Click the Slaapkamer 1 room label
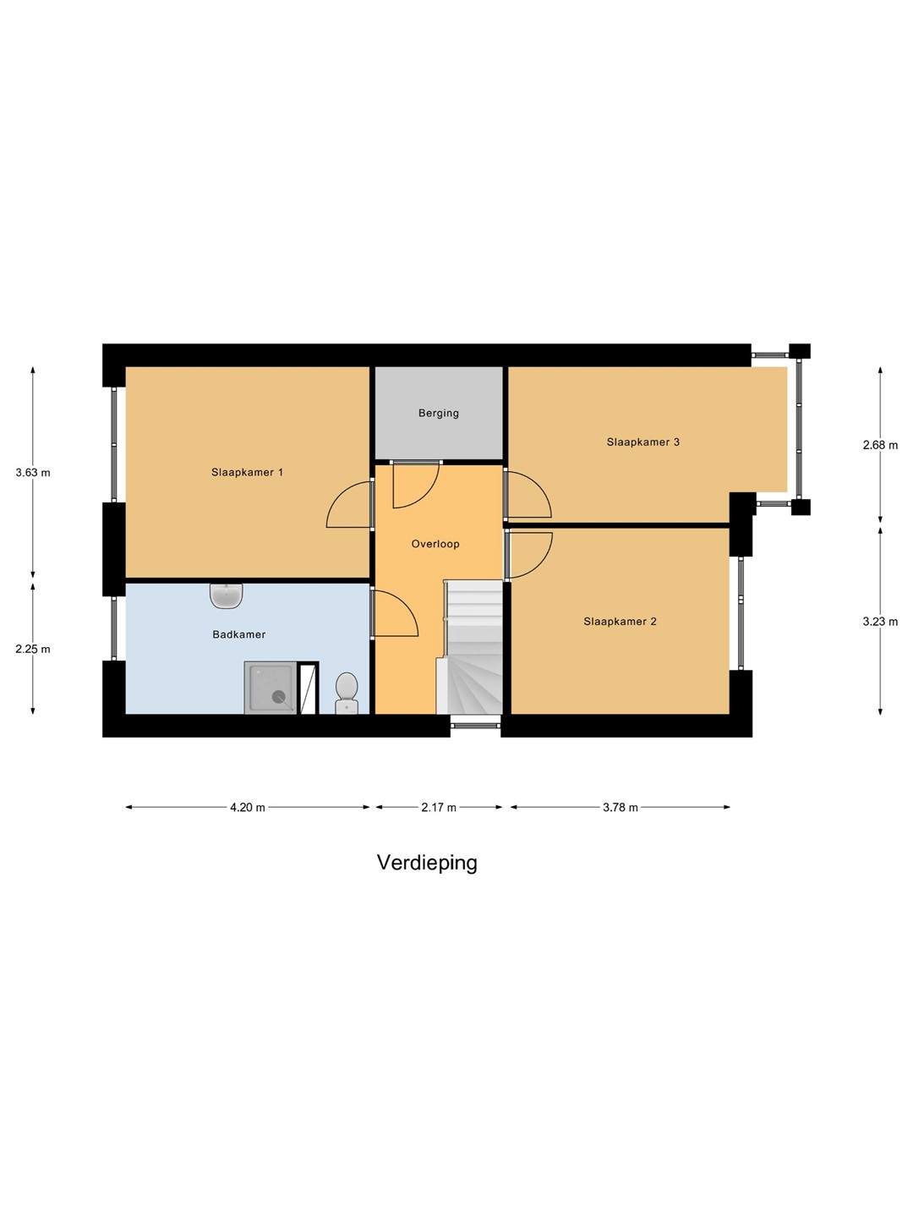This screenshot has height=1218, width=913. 247,473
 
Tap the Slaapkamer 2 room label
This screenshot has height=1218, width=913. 620,622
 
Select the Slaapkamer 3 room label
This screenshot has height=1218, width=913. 642,442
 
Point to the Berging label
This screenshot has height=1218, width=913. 439,414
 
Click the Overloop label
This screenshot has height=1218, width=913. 435,545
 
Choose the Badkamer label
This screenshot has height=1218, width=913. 239,634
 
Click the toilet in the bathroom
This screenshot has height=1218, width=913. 347,693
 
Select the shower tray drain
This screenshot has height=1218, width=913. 278,697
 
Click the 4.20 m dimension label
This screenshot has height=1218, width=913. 248,808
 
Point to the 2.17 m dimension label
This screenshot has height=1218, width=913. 439,808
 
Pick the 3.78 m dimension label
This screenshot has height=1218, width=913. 620,808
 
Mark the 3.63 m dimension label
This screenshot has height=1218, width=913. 33,474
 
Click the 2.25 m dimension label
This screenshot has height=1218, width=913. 33,650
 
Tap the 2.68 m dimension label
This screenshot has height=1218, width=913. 880,446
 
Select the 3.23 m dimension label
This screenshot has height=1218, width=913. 880,622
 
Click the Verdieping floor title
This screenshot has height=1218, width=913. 427,863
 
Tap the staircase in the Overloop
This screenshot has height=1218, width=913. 473,651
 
